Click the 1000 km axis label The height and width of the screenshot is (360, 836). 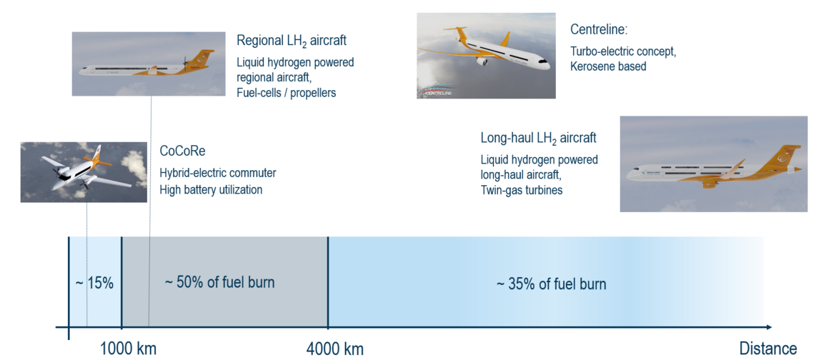(x=128, y=349)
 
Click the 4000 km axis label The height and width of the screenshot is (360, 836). (x=335, y=349)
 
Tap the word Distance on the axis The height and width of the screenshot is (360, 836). (x=767, y=349)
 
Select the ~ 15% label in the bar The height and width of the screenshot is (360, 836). (x=94, y=283)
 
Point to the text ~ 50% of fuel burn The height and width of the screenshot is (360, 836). (x=219, y=281)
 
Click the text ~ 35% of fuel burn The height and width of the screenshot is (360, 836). (x=552, y=283)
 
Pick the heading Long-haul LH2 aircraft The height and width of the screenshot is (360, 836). (x=539, y=139)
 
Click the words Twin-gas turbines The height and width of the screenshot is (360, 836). (x=522, y=190)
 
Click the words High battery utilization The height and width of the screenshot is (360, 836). (x=211, y=189)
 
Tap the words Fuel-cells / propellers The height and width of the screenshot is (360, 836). (x=287, y=92)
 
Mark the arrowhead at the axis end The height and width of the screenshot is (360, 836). (x=767, y=327)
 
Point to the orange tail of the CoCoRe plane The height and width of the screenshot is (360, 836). (x=99, y=159)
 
